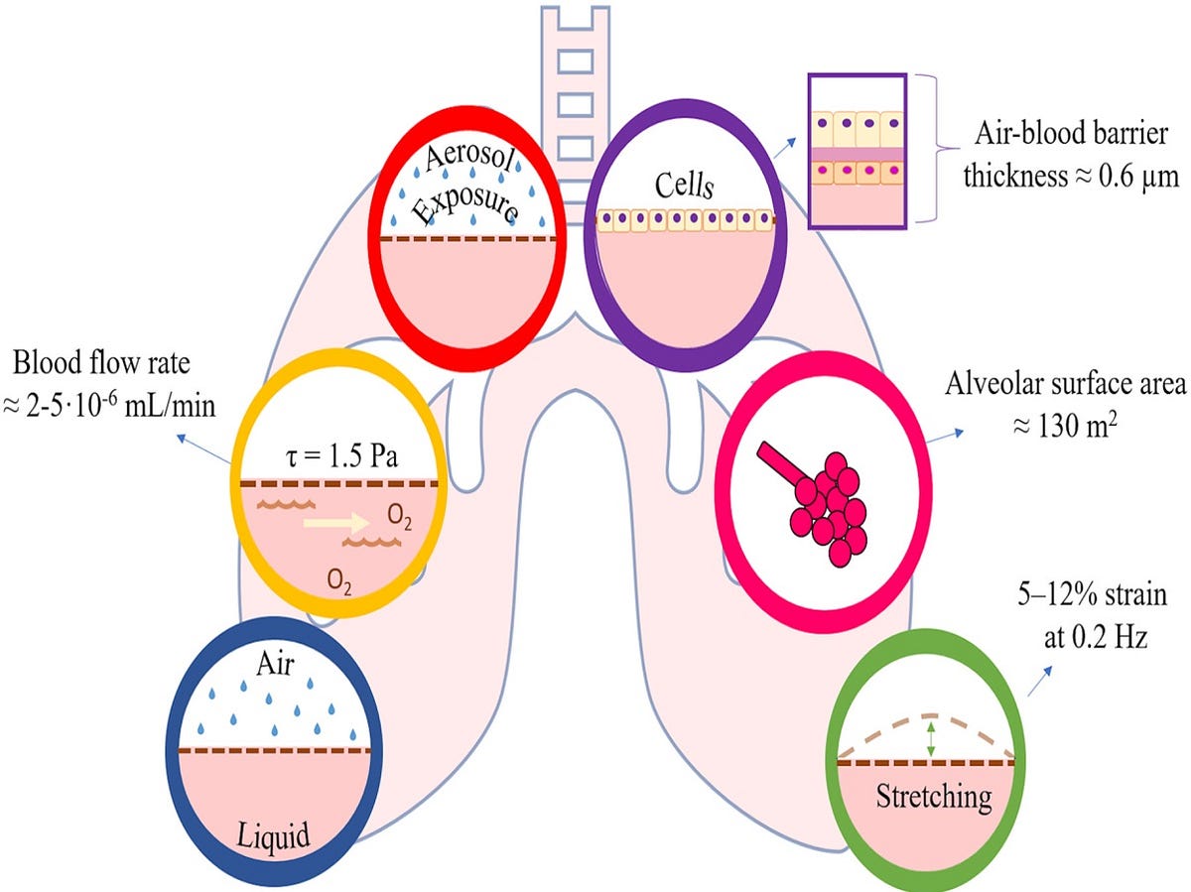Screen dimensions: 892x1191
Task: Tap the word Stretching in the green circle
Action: click(x=933, y=796)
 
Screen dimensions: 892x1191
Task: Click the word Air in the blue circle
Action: click(x=275, y=664)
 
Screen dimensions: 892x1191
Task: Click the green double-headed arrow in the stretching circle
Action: click(x=930, y=738)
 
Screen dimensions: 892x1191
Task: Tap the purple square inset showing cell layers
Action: click(x=857, y=151)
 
